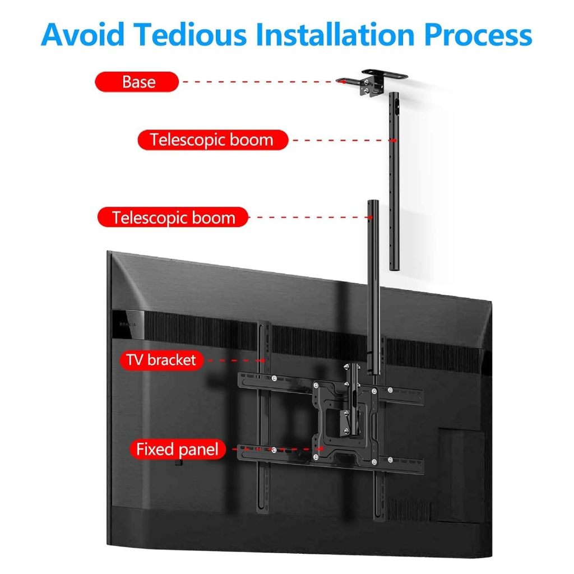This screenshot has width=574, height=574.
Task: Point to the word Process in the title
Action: pos(478,34)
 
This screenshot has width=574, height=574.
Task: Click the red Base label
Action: pos(137,82)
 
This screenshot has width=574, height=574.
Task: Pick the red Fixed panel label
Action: pos(177,449)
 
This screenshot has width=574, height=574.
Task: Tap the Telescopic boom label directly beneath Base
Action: pos(212,140)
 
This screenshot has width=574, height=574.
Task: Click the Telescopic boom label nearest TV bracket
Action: pos(173,217)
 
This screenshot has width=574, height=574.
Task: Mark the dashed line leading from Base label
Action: pos(258,82)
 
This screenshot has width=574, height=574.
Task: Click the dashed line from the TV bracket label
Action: pos(233,360)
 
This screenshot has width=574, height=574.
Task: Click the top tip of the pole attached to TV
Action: pos(371,202)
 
